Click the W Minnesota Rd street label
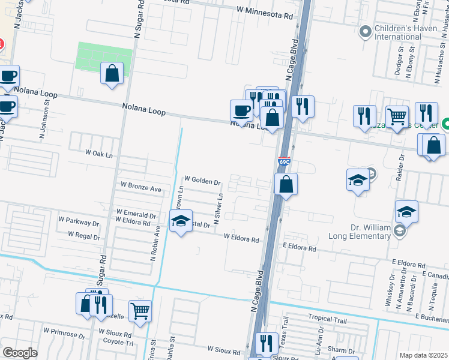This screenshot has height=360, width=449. point(265,10)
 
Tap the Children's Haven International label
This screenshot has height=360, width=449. point(397,32)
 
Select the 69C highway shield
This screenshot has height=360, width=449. point(284,162)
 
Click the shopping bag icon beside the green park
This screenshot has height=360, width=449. point(112,74)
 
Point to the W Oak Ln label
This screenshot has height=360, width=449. point(99,154)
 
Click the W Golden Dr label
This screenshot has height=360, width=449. point(203,179)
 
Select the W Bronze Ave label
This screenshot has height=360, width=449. point(141,188)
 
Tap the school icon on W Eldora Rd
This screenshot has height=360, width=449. point(181,221)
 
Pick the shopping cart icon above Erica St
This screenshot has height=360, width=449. point(140,311)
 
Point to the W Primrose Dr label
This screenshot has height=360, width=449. point(66,331)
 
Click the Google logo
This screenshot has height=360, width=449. point(20,353)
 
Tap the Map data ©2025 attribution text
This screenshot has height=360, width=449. point(423,355)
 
